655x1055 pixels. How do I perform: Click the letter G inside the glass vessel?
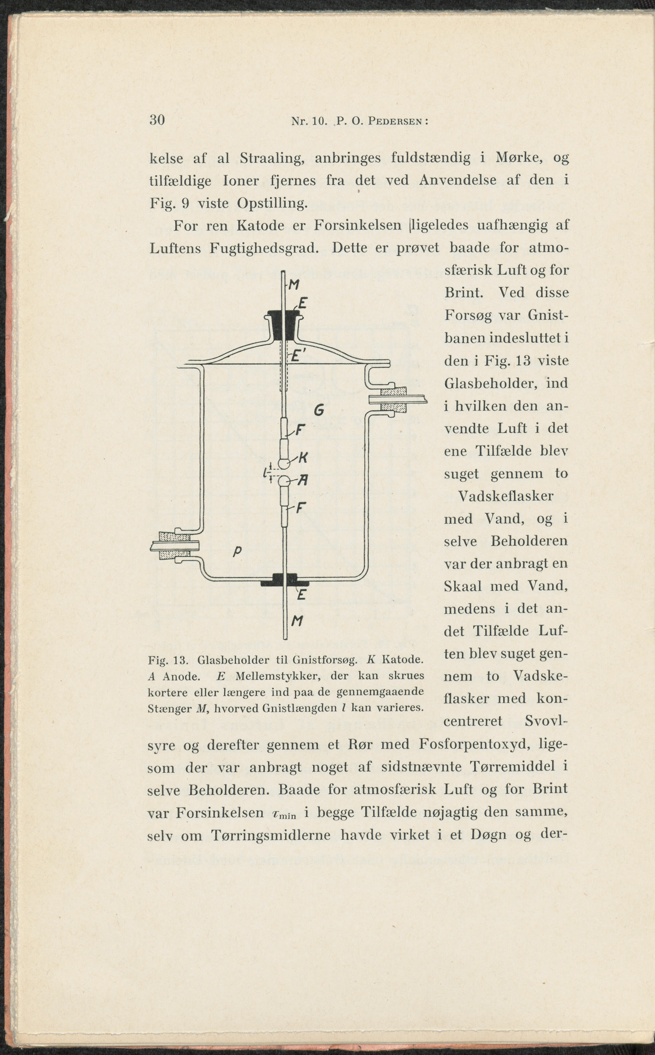point(319,410)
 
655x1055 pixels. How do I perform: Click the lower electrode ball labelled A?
point(284,481)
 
